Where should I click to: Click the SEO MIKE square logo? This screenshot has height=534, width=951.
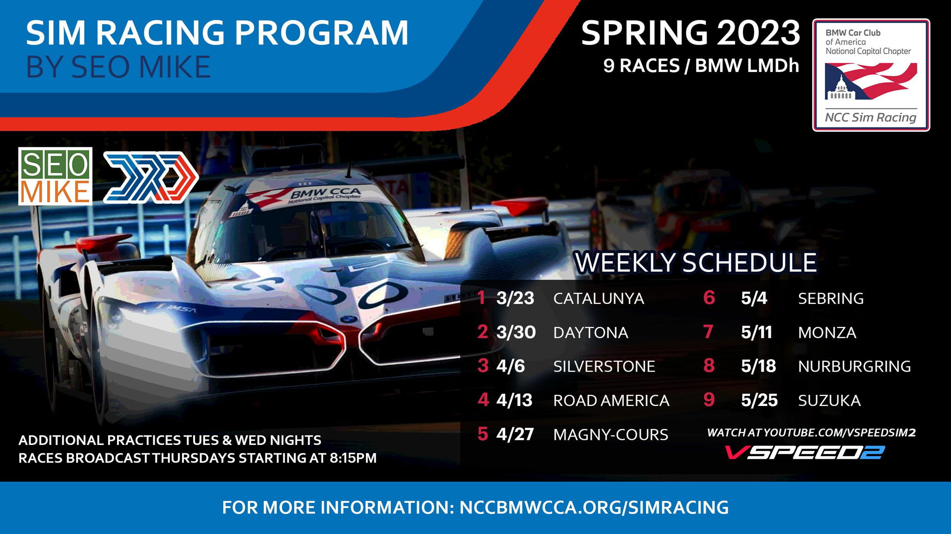point(55,176)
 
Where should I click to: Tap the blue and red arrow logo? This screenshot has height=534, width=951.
point(151,177)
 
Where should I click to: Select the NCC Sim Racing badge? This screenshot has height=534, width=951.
point(871,75)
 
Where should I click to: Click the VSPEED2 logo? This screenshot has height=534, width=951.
point(805,452)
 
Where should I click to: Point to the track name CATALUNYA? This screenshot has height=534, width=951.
point(599,298)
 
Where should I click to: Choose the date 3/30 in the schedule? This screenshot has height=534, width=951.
point(516,332)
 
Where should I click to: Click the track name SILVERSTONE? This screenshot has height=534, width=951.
point(604,367)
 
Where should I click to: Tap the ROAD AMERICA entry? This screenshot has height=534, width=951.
point(611,400)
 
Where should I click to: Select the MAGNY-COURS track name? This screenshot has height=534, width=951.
point(611,435)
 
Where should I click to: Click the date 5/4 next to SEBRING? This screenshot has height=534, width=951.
point(754,298)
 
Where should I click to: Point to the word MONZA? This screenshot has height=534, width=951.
point(827,332)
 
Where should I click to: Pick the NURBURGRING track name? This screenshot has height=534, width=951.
point(854,367)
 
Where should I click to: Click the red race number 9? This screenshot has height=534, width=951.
point(709,399)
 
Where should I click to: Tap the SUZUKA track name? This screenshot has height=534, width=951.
point(829,400)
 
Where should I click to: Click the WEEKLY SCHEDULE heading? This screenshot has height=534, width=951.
point(696,263)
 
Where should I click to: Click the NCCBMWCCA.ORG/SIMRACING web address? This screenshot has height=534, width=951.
point(594,507)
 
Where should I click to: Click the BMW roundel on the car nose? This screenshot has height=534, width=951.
point(349,319)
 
